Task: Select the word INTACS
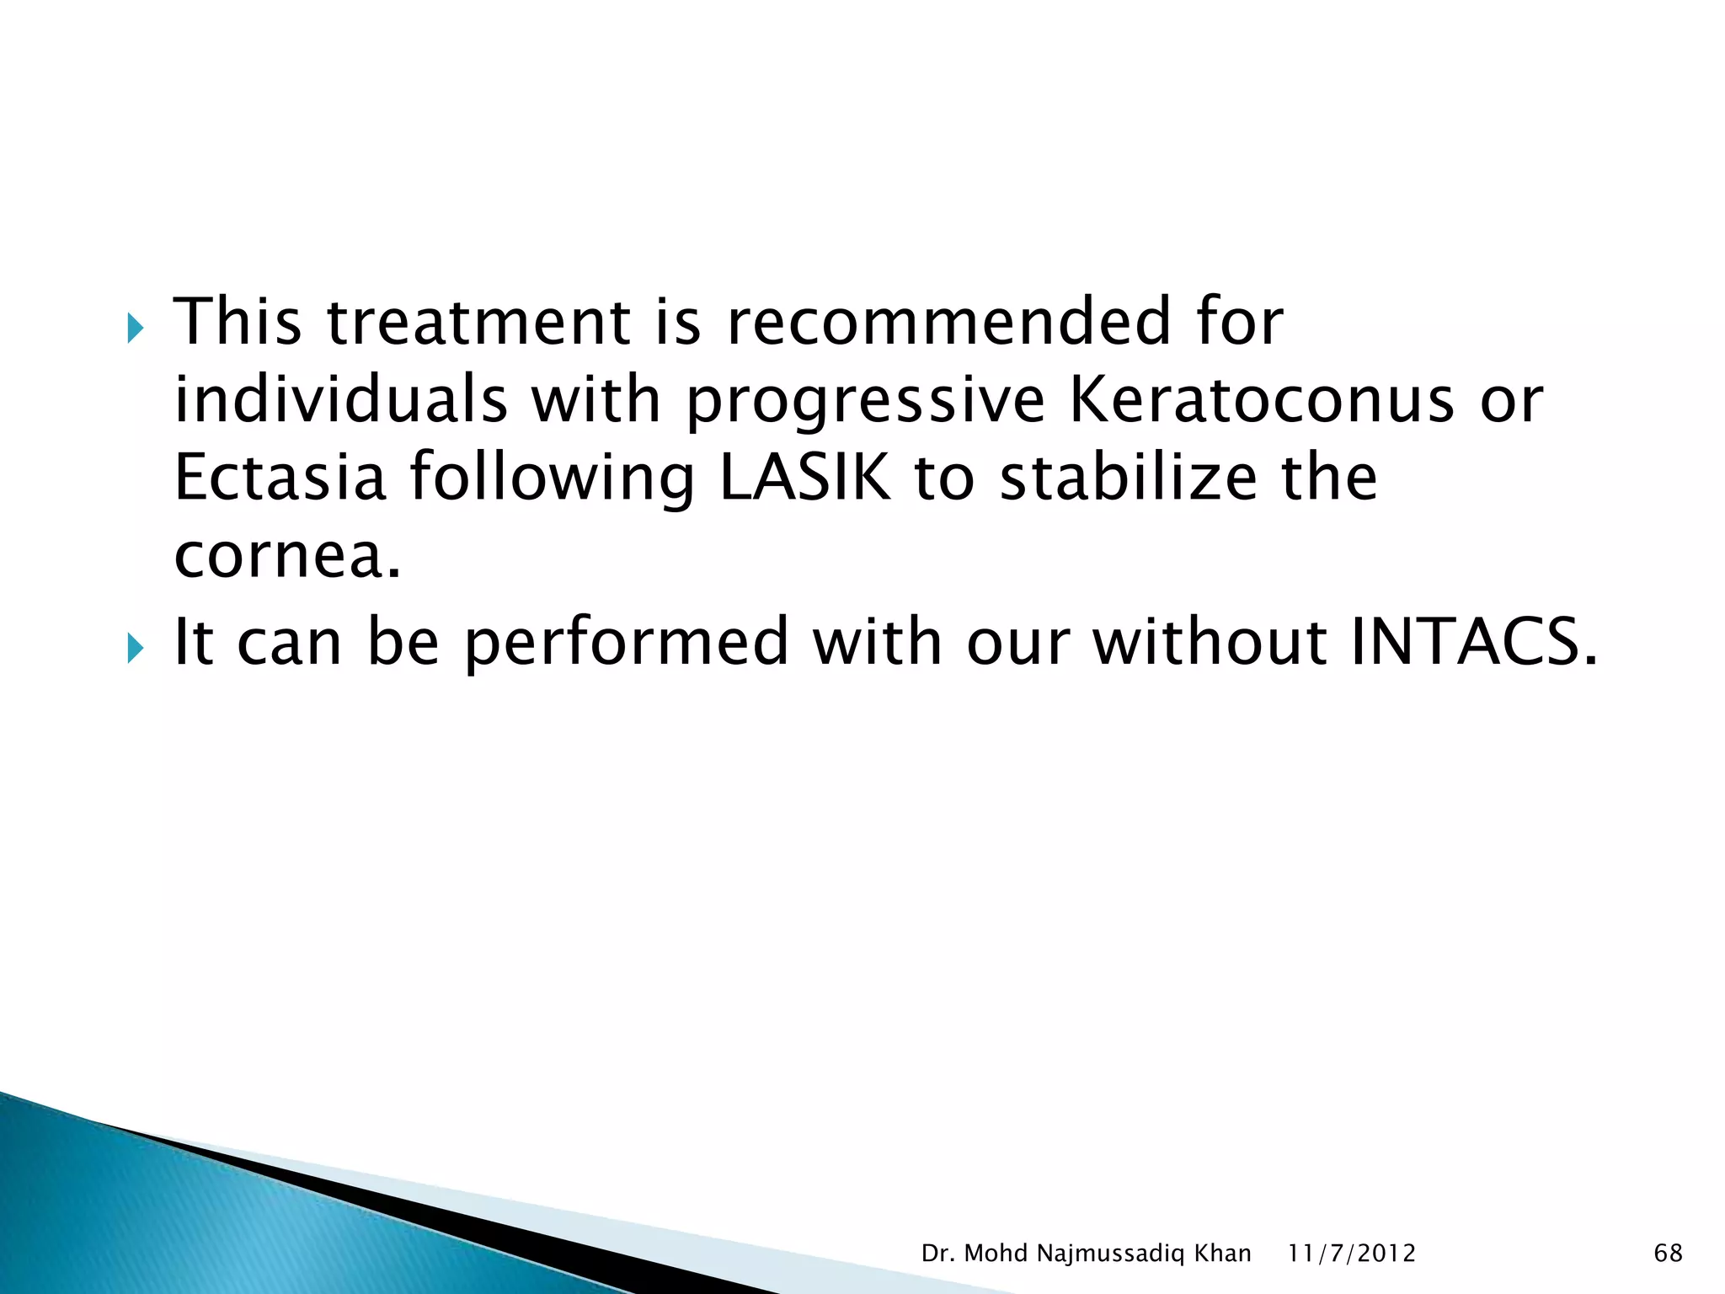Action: point(1473,642)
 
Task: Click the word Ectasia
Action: point(280,478)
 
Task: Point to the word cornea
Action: point(286,557)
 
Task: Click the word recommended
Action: point(948,322)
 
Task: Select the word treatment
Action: point(478,323)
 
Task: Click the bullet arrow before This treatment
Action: point(135,328)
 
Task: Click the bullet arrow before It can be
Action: point(135,648)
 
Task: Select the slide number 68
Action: point(1668,1253)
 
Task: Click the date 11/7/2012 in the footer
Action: point(1351,1254)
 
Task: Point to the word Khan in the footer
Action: point(1223,1253)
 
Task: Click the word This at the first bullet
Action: point(237,322)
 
